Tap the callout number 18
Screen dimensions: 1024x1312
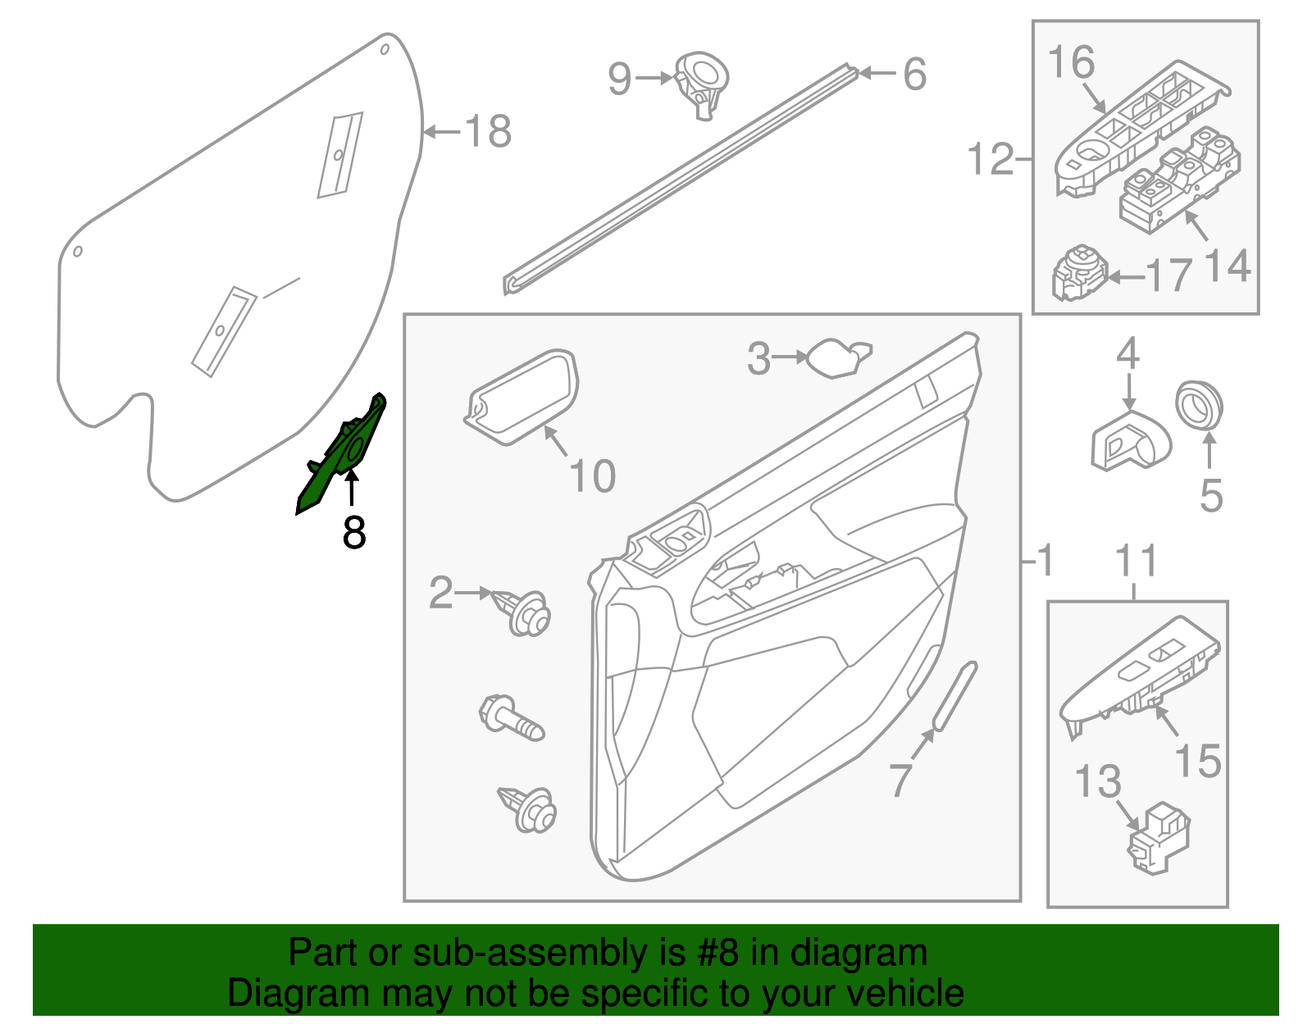coord(488,131)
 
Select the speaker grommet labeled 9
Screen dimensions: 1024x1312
coord(703,82)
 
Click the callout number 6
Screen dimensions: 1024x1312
coord(914,74)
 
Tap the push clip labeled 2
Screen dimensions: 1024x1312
coord(525,613)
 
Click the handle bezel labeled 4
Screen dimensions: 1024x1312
coord(1130,441)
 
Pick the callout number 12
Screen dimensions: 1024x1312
coord(991,158)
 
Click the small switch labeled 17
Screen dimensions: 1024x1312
coord(1079,273)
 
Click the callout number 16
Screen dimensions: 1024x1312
coord(1072,61)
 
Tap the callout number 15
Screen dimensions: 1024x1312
coord(1197,761)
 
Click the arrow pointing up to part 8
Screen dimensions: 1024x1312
coord(352,490)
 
